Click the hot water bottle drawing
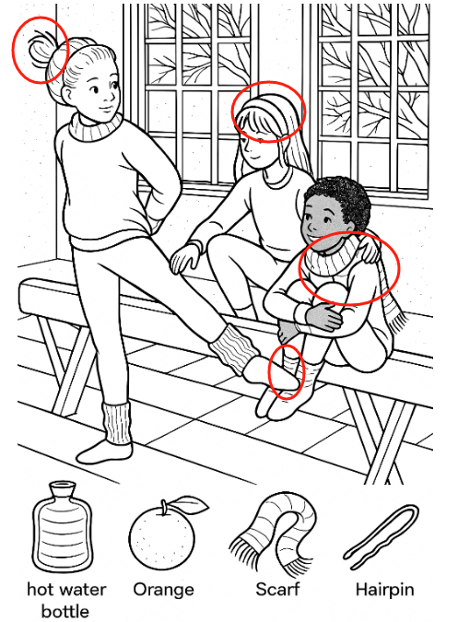coord(62,527)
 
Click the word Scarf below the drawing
coord(277,589)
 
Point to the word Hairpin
coord(384,590)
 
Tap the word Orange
coord(163,590)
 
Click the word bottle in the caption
coord(65,611)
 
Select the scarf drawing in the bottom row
coord(274,532)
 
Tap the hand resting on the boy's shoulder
coord(370,248)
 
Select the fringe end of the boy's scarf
coord(396,317)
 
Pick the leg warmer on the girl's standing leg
coord(117,423)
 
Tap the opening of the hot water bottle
coord(62,485)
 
